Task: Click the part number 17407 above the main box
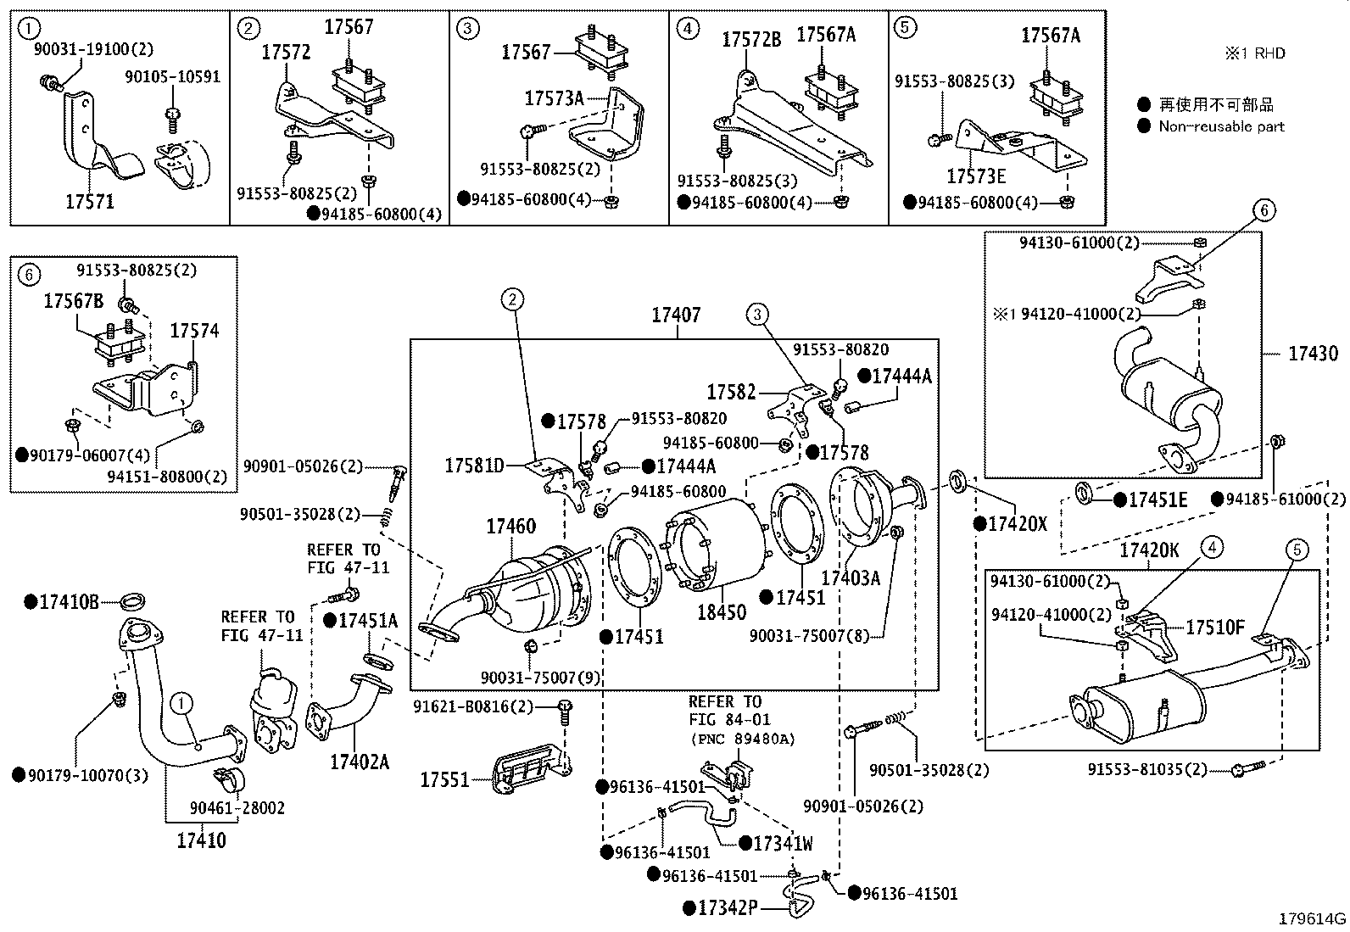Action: coord(676,315)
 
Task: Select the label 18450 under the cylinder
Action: coord(721,612)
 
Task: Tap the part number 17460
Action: coord(510,527)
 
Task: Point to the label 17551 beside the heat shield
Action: coord(445,779)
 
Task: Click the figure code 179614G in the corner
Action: coord(1313,918)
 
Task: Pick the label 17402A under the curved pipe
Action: coord(360,762)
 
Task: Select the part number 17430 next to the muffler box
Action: coord(1313,353)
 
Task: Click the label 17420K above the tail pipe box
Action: coord(1149,551)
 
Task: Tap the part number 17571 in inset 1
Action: coord(89,202)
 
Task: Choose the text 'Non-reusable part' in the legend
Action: coord(1221,126)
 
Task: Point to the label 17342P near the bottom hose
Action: coord(726,908)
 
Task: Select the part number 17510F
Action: coord(1214,628)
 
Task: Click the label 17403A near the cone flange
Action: coord(851,578)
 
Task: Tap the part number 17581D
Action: coord(475,466)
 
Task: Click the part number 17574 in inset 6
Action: coord(194,331)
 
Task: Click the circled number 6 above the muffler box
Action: coord(1264,210)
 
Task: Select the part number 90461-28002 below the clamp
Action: coord(237,808)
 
